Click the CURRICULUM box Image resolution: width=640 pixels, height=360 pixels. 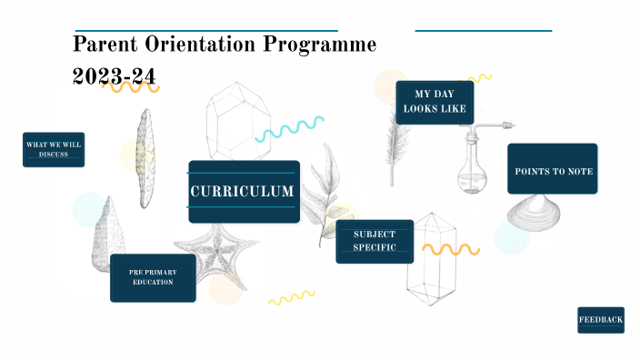(243, 192)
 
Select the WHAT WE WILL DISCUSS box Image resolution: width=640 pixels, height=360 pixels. (54, 149)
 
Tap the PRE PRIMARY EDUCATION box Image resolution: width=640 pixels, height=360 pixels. (153, 277)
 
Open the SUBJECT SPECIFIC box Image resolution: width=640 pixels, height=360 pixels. (375, 241)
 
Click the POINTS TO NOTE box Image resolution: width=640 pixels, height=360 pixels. (552, 169)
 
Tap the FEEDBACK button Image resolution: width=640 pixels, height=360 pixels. (601, 319)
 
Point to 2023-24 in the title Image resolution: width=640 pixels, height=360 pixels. (115, 76)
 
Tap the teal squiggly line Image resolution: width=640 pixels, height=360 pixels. (289, 129)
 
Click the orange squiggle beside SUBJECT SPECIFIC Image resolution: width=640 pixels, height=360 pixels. (451, 248)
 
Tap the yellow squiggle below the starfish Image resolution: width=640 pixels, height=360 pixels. (291, 297)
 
